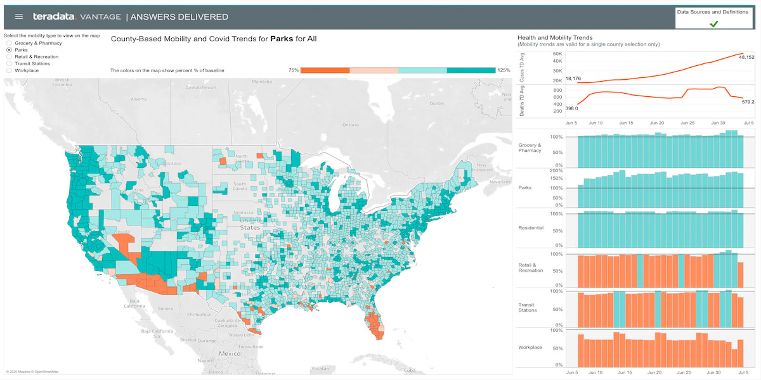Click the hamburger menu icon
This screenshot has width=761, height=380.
pos(19,17)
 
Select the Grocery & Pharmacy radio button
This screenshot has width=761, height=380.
pos(9,43)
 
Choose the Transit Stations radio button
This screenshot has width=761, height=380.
pos(9,63)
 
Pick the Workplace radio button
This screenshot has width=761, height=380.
pos(9,70)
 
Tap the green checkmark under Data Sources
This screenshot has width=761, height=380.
pos(713,23)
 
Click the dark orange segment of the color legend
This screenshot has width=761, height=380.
pos(325,70)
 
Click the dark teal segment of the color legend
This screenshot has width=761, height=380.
pos(471,70)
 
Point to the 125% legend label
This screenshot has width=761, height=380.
pos(504,70)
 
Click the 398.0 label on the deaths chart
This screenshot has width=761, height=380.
pos(571,108)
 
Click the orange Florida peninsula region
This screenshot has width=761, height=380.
pos(377,327)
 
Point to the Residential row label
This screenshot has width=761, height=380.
pos(531,227)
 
